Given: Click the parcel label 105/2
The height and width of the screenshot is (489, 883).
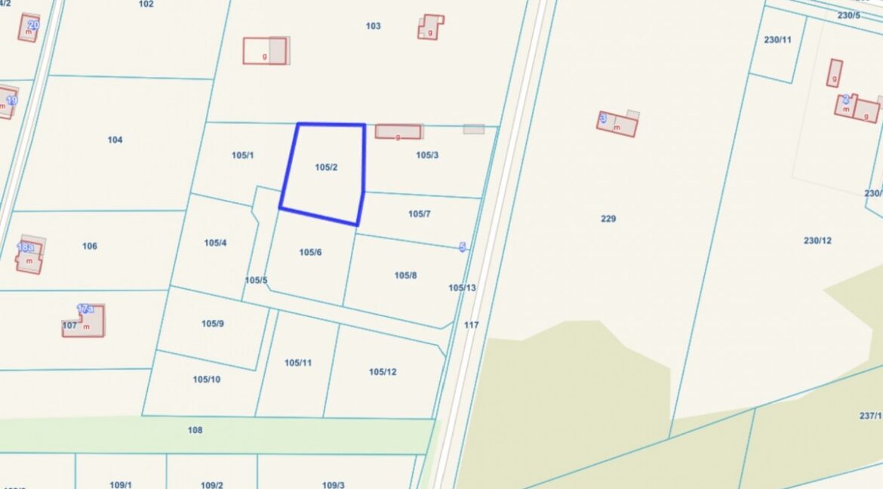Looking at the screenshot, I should [x=326, y=167].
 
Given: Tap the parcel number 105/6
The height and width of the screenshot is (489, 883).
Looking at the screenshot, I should [x=310, y=252].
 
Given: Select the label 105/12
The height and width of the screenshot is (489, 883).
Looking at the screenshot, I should [x=383, y=371].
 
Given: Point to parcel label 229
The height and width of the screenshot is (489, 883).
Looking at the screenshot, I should [x=608, y=219].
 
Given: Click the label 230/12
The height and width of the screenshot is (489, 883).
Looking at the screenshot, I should [x=817, y=241].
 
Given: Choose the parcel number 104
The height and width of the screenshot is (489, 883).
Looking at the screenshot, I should [x=115, y=140].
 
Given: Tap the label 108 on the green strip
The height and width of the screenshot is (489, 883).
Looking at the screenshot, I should [x=195, y=430].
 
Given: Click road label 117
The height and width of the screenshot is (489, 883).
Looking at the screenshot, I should [x=472, y=325].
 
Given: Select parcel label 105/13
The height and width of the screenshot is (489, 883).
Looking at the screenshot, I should [x=462, y=288].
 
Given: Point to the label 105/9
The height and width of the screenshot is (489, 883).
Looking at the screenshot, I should [x=212, y=324].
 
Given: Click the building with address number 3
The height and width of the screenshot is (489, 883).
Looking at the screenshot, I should [x=617, y=124].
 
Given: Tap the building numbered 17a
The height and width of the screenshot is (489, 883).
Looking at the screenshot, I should [x=85, y=321].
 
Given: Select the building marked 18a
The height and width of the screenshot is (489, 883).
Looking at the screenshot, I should [x=29, y=257].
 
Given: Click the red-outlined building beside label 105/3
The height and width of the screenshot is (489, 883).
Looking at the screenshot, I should [x=398, y=132].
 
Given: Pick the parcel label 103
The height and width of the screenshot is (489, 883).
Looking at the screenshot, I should [x=373, y=26].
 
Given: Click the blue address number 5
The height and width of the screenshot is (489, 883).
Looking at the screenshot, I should [x=463, y=247].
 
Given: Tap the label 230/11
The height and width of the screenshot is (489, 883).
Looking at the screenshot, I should [x=777, y=40].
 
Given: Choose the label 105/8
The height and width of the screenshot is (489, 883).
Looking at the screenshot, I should [x=405, y=275].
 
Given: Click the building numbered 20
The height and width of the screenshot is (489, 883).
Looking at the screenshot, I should [x=29, y=28].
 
